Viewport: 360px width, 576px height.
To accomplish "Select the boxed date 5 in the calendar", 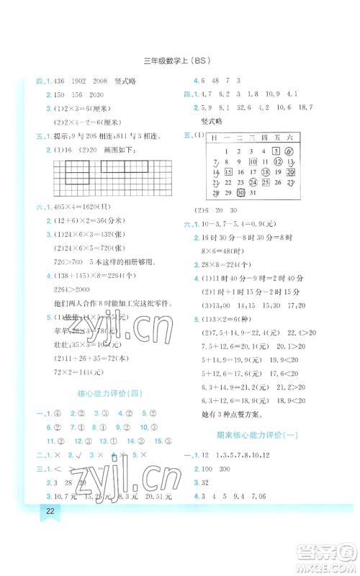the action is point(276,151).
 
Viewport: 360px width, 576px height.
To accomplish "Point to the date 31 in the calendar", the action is point(252,193).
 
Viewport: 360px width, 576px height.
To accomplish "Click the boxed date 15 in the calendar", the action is point(228,172).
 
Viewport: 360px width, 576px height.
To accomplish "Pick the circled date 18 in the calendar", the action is point(264,172).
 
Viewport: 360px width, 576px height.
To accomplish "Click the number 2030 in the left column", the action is point(98,94).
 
